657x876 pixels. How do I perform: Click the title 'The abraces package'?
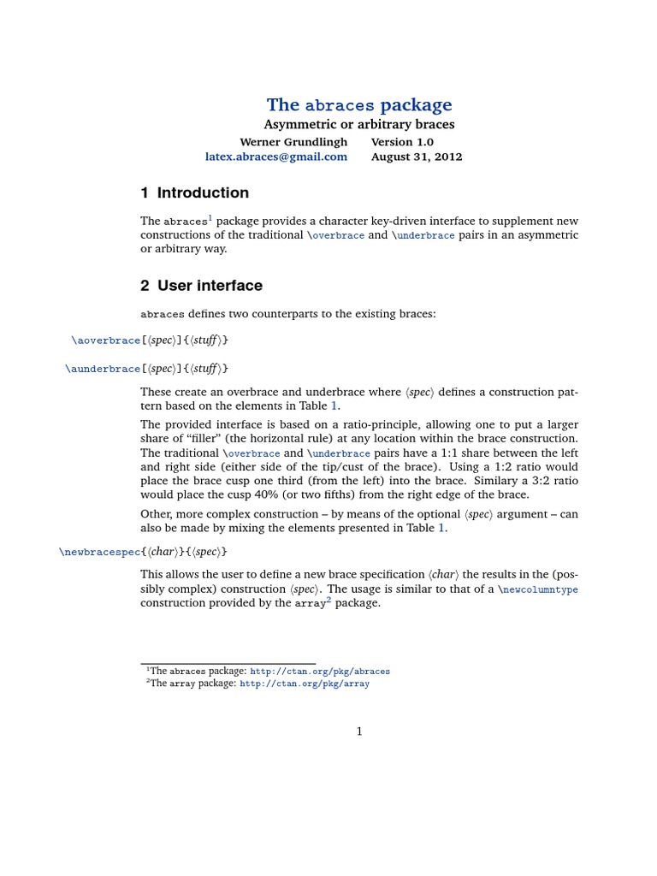pos(359,105)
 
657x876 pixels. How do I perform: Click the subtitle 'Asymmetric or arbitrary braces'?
pos(359,125)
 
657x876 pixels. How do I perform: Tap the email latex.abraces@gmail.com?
pos(276,157)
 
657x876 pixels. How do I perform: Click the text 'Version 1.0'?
pos(402,142)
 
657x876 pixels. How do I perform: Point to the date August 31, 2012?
pos(417,157)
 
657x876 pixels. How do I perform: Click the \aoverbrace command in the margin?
pos(106,340)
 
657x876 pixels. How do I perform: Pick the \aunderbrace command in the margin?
pos(103,369)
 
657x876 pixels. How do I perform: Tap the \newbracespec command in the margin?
pos(99,552)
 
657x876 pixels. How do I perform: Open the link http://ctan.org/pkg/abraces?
pos(319,672)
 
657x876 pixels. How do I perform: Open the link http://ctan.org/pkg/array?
pos(305,684)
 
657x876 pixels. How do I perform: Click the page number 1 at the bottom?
pos(359,731)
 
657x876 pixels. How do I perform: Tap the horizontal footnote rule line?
pos(228,664)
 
